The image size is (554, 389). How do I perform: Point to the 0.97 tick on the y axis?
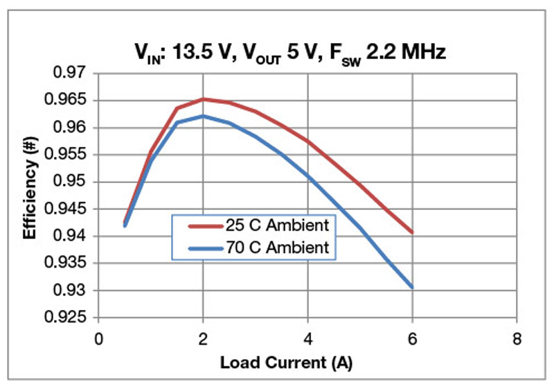point(71,73)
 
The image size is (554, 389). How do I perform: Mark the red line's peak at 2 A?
point(203,99)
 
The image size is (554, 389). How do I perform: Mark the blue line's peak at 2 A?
point(203,116)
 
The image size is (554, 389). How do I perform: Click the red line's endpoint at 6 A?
point(413,232)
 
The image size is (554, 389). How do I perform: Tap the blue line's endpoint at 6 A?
point(413,287)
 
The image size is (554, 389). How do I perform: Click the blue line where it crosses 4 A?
point(307,176)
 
